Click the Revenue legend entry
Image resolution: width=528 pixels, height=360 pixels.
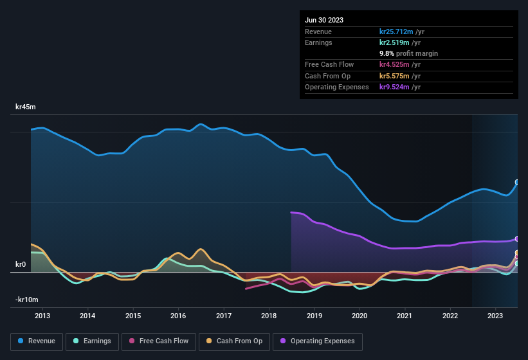point(37,341)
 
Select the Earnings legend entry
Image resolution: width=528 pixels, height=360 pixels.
point(93,341)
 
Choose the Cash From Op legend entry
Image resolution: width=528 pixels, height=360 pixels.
point(233,341)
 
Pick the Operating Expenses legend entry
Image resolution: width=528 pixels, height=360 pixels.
point(317,341)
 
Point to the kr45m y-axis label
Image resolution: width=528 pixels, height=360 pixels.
point(26,107)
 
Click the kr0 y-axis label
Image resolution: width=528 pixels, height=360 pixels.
point(21,264)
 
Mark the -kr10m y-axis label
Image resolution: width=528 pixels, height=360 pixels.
point(26,300)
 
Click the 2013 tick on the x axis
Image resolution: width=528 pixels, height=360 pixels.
point(42,316)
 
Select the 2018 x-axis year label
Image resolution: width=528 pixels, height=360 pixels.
point(269,316)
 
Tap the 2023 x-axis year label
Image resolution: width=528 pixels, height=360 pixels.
point(495,316)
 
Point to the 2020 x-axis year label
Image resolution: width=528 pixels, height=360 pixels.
point(360,316)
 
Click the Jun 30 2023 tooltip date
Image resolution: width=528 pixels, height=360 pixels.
point(324,20)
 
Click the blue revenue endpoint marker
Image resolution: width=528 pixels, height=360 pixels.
point(517,183)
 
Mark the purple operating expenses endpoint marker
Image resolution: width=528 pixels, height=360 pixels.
point(517,239)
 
